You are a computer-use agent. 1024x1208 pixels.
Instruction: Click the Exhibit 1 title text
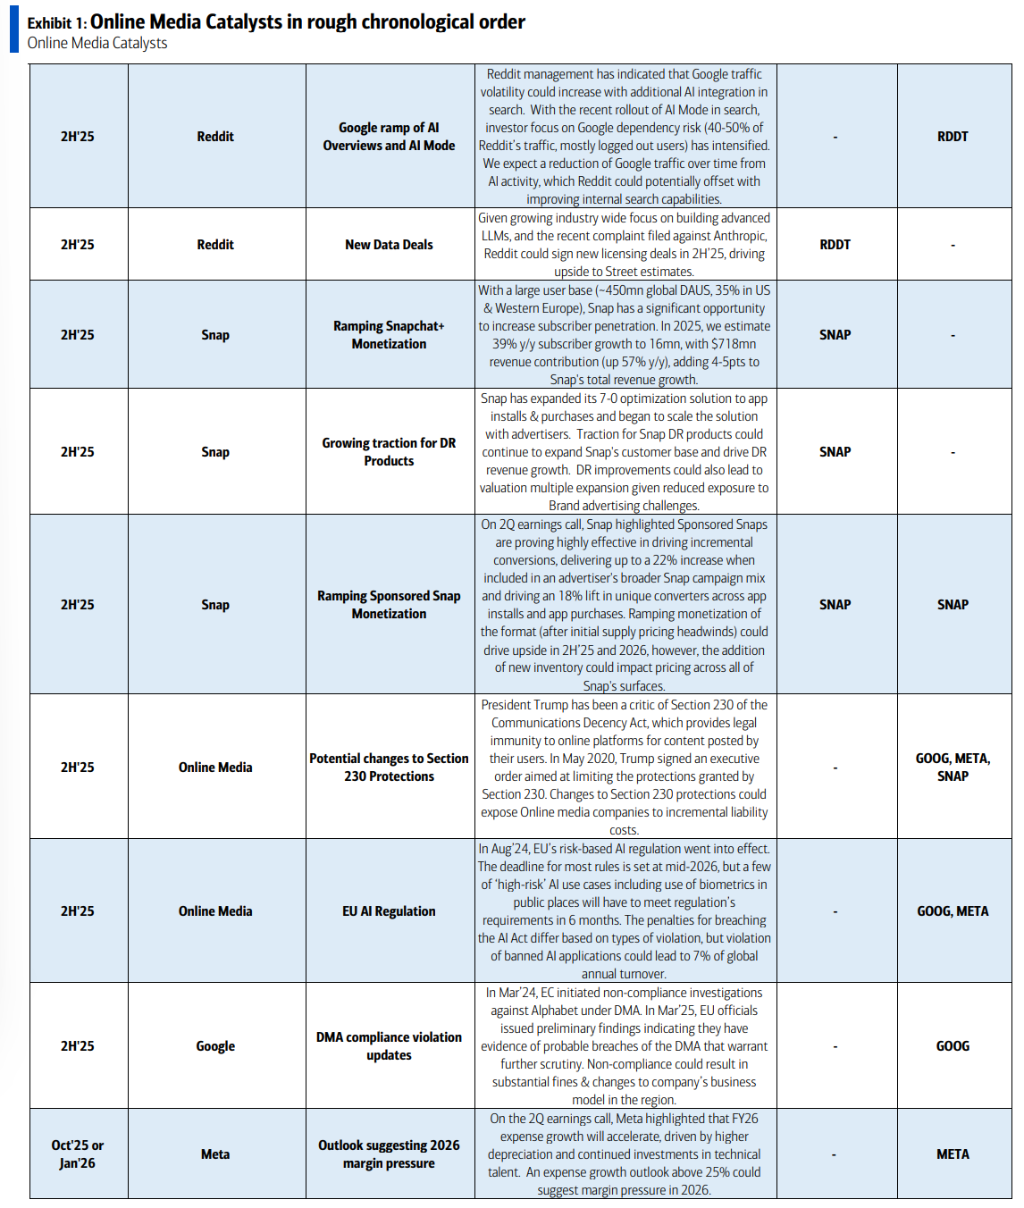(276, 22)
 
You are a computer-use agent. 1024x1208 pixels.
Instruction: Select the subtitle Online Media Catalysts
(97, 43)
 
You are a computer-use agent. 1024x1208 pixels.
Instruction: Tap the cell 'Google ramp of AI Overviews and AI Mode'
(389, 137)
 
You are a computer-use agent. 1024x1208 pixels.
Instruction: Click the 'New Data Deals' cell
(389, 245)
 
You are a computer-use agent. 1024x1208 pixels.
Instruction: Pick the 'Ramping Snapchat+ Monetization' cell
(389, 335)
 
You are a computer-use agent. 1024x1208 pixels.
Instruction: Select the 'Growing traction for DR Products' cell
(389, 452)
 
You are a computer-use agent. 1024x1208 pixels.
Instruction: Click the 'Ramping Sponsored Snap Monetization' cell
(389, 605)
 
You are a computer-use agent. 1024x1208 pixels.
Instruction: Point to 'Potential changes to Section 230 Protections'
(389, 768)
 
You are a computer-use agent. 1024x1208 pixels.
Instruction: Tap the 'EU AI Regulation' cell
(389, 911)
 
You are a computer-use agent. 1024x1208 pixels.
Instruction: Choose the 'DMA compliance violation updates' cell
(389, 1046)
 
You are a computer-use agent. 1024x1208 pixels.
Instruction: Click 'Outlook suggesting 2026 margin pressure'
(389, 1154)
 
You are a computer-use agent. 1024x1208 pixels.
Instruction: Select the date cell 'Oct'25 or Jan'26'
(78, 1154)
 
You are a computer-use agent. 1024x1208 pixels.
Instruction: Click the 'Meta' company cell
(215, 1154)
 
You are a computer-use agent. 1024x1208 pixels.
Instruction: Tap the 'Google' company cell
(215, 1046)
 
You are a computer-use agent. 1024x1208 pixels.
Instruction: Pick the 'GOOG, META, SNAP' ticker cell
(953, 768)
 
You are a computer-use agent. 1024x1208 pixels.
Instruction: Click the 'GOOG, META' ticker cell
(953, 911)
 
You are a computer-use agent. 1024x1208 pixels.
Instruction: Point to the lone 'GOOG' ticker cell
(953, 1046)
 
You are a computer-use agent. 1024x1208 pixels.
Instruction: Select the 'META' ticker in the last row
(953, 1154)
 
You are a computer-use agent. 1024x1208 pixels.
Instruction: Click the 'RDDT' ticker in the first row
(953, 137)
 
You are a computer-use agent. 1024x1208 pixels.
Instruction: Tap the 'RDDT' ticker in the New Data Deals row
(835, 245)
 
